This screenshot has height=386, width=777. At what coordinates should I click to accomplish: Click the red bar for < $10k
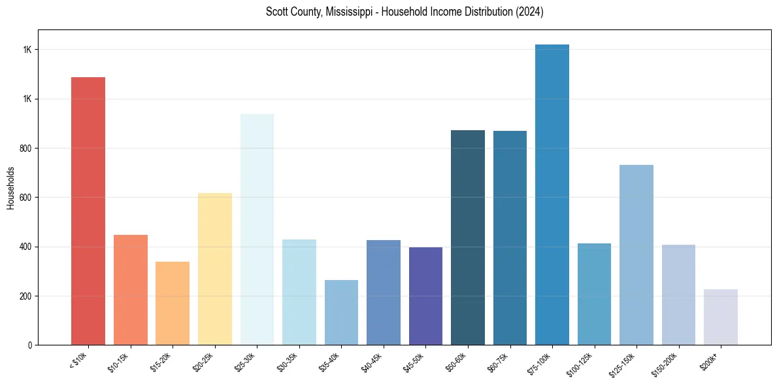pyautogui.click(x=88, y=211)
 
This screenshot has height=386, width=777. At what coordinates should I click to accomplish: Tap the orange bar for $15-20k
pyautogui.click(x=173, y=303)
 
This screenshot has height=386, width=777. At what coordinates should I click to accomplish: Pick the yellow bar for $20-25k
pyautogui.click(x=214, y=269)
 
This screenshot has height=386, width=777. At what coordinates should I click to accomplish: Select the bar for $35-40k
pyautogui.click(x=341, y=312)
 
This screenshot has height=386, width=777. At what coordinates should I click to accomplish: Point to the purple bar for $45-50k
pyautogui.click(x=425, y=296)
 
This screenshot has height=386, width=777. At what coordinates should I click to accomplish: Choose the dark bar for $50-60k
pyautogui.click(x=468, y=237)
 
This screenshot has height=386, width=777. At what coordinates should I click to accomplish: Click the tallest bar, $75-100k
pyautogui.click(x=552, y=194)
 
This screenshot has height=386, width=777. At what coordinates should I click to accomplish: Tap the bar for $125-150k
pyautogui.click(x=636, y=254)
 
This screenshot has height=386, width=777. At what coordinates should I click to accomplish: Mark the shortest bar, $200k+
pyautogui.click(x=721, y=317)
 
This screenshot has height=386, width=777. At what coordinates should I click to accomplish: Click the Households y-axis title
pyautogui.click(x=10, y=188)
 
